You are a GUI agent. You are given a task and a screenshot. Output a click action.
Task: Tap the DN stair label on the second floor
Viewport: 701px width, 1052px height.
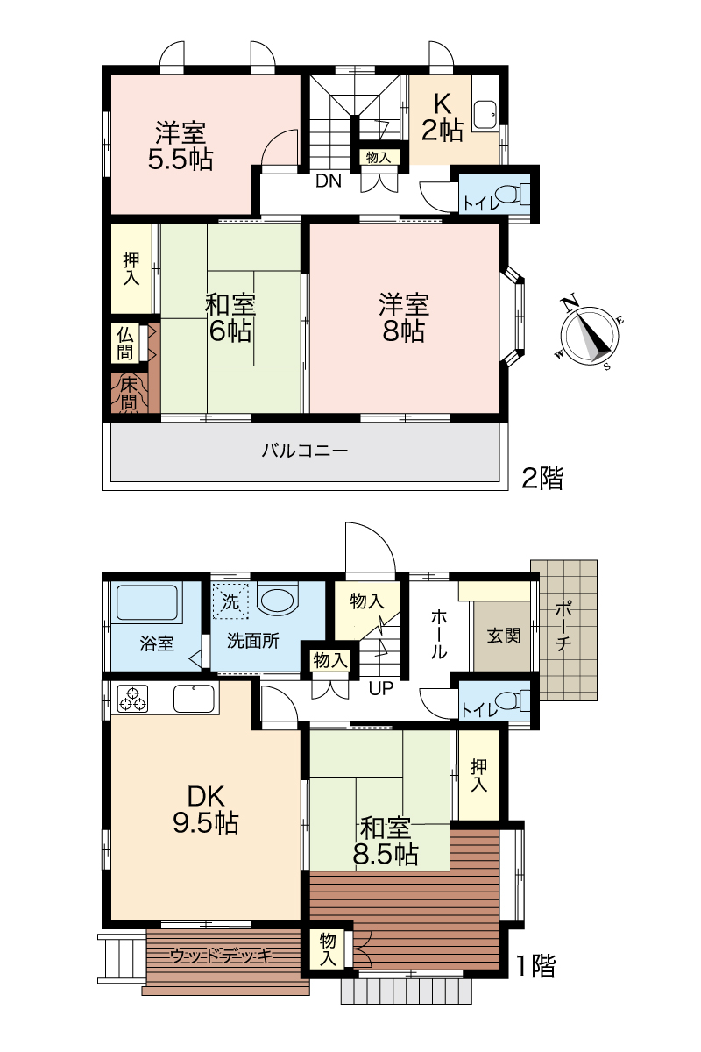[329, 181]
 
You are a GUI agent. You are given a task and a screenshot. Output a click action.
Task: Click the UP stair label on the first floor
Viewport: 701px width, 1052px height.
[380, 688]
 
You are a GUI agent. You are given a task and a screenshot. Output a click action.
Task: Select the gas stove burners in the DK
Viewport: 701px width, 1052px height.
[133, 699]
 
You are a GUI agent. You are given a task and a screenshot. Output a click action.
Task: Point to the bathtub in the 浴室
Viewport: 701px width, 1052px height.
[147, 602]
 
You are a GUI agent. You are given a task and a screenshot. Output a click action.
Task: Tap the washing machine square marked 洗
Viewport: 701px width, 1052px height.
[230, 601]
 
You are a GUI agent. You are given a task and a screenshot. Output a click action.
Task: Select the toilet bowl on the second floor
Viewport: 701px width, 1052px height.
[510, 193]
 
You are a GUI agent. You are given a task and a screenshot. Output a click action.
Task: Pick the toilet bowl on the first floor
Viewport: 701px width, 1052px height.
[510, 700]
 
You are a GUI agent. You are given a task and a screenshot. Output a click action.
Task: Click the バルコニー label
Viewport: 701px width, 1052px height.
[305, 451]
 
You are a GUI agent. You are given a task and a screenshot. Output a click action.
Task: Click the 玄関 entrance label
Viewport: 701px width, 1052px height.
[504, 636]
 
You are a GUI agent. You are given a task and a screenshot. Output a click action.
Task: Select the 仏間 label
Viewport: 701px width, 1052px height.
[125, 344]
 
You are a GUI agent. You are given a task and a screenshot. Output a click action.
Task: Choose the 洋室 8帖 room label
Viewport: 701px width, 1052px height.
[404, 317]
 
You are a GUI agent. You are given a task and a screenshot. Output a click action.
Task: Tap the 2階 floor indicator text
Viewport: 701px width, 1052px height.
[542, 479]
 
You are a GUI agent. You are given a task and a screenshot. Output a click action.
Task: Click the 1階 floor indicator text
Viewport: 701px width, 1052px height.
[535, 962]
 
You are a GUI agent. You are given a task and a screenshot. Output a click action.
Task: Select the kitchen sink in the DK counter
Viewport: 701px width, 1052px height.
[194, 699]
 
